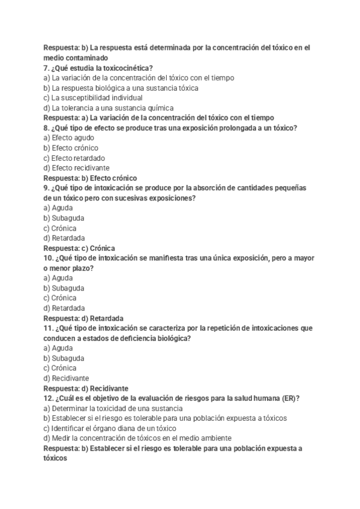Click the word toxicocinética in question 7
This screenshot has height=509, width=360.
(x=127, y=68)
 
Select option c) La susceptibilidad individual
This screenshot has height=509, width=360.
(x=93, y=98)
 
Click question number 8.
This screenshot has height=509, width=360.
(x=46, y=128)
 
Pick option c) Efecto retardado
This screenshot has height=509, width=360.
(x=74, y=158)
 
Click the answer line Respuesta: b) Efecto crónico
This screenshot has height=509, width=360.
(x=90, y=178)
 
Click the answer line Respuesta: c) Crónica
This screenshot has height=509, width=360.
(x=79, y=248)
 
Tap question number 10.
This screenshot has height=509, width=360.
(x=49, y=258)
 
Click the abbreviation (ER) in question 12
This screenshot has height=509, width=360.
(x=290, y=398)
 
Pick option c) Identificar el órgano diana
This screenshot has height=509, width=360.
(x=110, y=428)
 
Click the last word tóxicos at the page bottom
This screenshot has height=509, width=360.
(x=55, y=458)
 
